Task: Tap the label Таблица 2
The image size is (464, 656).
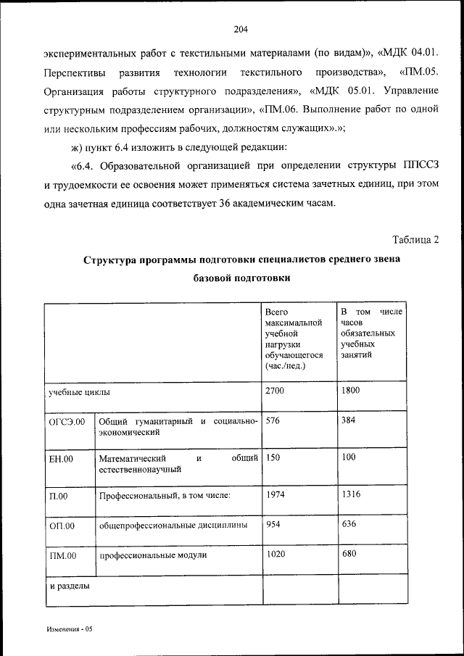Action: point(415,239)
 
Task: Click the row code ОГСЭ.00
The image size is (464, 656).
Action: point(67,422)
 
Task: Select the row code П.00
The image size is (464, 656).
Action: point(58,497)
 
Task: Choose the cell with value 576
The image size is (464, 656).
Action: point(273,420)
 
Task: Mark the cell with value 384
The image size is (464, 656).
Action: point(347,420)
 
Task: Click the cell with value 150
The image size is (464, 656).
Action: point(273,458)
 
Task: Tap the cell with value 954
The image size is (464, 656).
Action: point(273,524)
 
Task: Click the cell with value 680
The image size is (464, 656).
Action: point(347,555)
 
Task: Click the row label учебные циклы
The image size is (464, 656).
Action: point(79,392)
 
